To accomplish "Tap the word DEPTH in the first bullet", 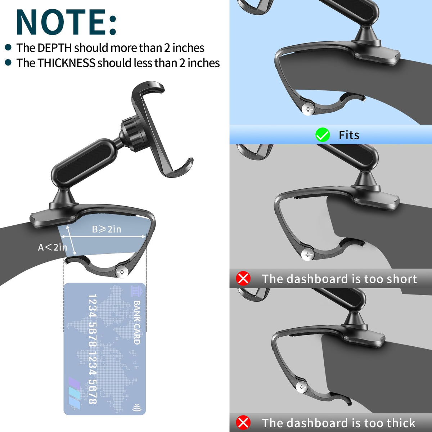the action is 54,48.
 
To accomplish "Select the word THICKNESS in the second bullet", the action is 66,63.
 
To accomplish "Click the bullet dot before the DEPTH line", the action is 8,48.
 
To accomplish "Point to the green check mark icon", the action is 322,135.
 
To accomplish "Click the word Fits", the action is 349,135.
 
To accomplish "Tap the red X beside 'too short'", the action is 243,278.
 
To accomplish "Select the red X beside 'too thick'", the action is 243,423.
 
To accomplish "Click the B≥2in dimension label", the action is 107,229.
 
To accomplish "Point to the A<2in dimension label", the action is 53,247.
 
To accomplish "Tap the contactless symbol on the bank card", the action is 136,407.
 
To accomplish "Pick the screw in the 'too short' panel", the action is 307,255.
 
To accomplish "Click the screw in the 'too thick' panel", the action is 302,387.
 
